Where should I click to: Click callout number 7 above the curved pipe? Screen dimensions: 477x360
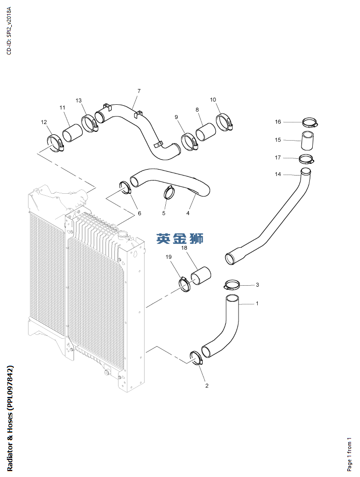(139, 91)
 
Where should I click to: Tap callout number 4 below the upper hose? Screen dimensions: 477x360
(187, 213)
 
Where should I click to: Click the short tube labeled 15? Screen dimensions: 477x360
(308, 140)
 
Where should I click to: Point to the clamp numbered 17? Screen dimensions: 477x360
(307, 158)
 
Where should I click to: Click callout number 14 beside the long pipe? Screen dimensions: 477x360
(278, 174)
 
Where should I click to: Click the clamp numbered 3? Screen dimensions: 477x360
(232, 285)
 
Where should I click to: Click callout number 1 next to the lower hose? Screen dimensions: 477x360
(257, 303)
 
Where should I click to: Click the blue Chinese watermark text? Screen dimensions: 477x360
(180, 239)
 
